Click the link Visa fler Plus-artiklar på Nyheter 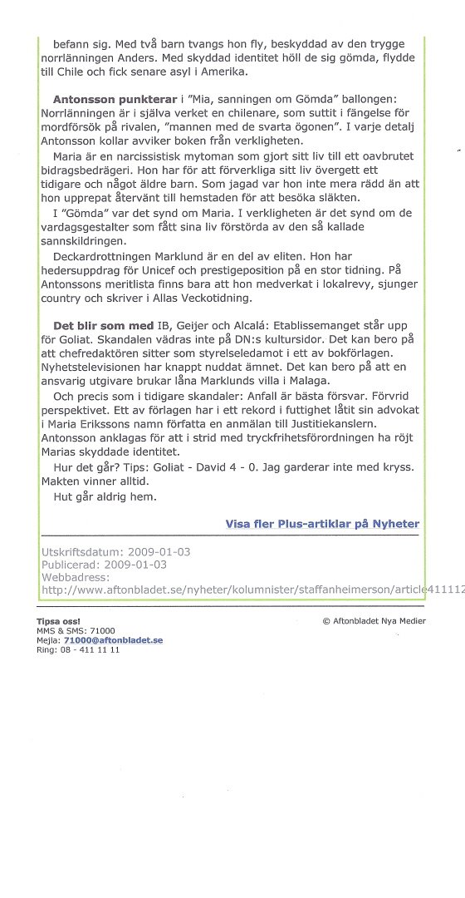pyautogui.click(x=322, y=524)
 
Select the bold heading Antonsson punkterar pyautogui.click(x=102, y=96)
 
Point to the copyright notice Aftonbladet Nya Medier pyautogui.click(x=374, y=621)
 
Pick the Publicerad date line pyautogui.click(x=104, y=564)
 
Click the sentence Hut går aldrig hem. pyautogui.click(x=99, y=496)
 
